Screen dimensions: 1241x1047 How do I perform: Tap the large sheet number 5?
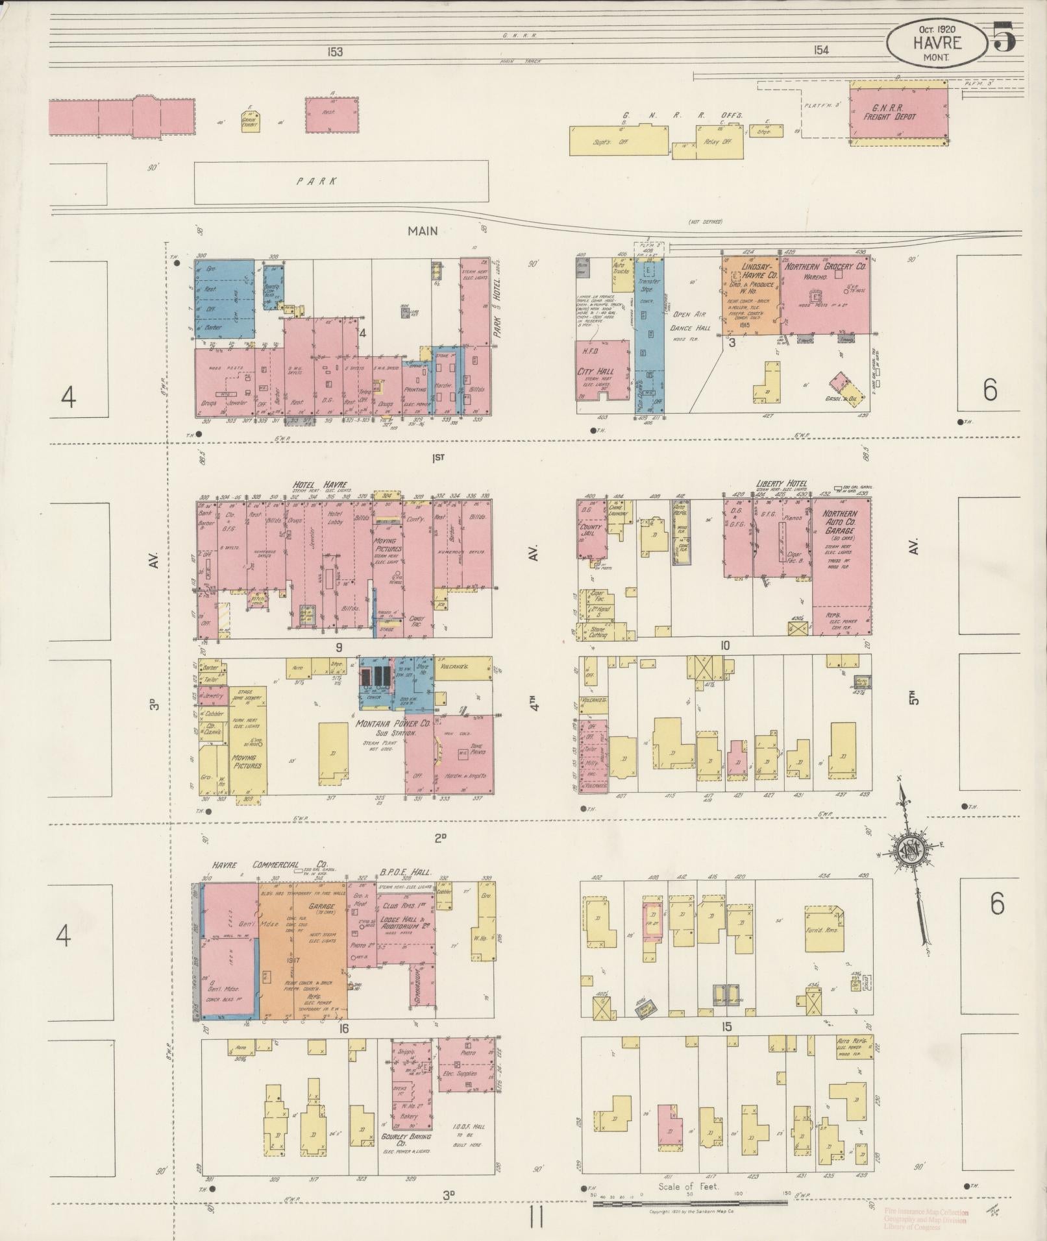tap(1003, 37)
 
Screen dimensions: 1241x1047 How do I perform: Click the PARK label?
tap(317, 181)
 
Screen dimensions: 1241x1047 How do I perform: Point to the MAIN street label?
tap(423, 230)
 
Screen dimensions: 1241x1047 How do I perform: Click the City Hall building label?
tap(600, 372)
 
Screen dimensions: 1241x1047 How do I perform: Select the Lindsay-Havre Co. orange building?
tap(751, 295)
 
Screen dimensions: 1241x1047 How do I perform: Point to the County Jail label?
tap(591, 532)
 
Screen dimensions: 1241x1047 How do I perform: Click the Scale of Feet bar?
tap(690, 1203)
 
